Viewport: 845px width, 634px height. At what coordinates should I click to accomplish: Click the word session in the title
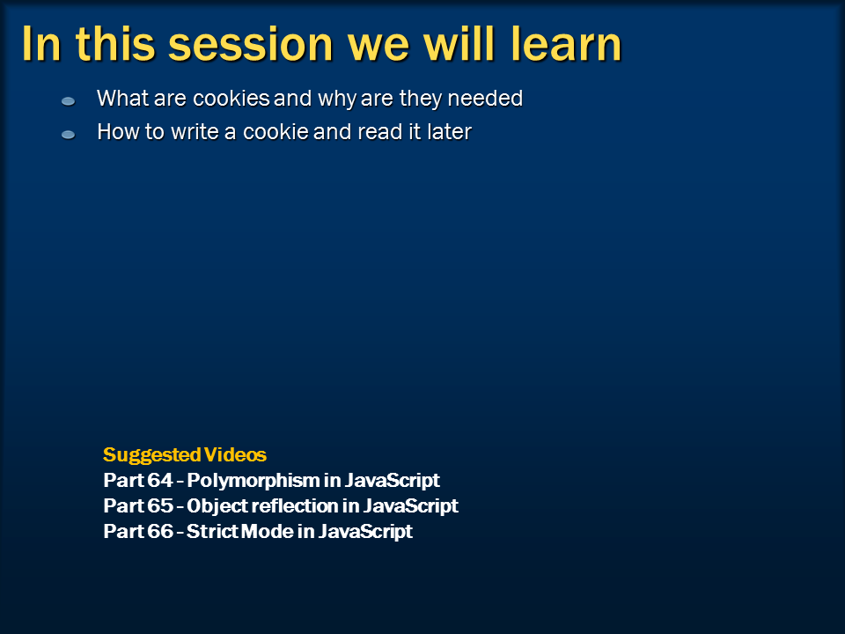pos(251,45)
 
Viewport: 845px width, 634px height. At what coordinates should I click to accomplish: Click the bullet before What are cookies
pos(68,100)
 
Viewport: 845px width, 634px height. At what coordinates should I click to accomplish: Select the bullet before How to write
pos(68,134)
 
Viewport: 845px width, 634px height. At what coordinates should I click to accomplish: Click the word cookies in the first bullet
pos(231,99)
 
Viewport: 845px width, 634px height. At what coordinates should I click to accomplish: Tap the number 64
pos(160,480)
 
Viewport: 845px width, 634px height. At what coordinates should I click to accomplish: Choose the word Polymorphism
pos(253,481)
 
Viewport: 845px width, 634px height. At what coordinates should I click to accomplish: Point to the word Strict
pos(213,531)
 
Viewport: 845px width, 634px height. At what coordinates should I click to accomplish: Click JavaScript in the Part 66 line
pos(365,532)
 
